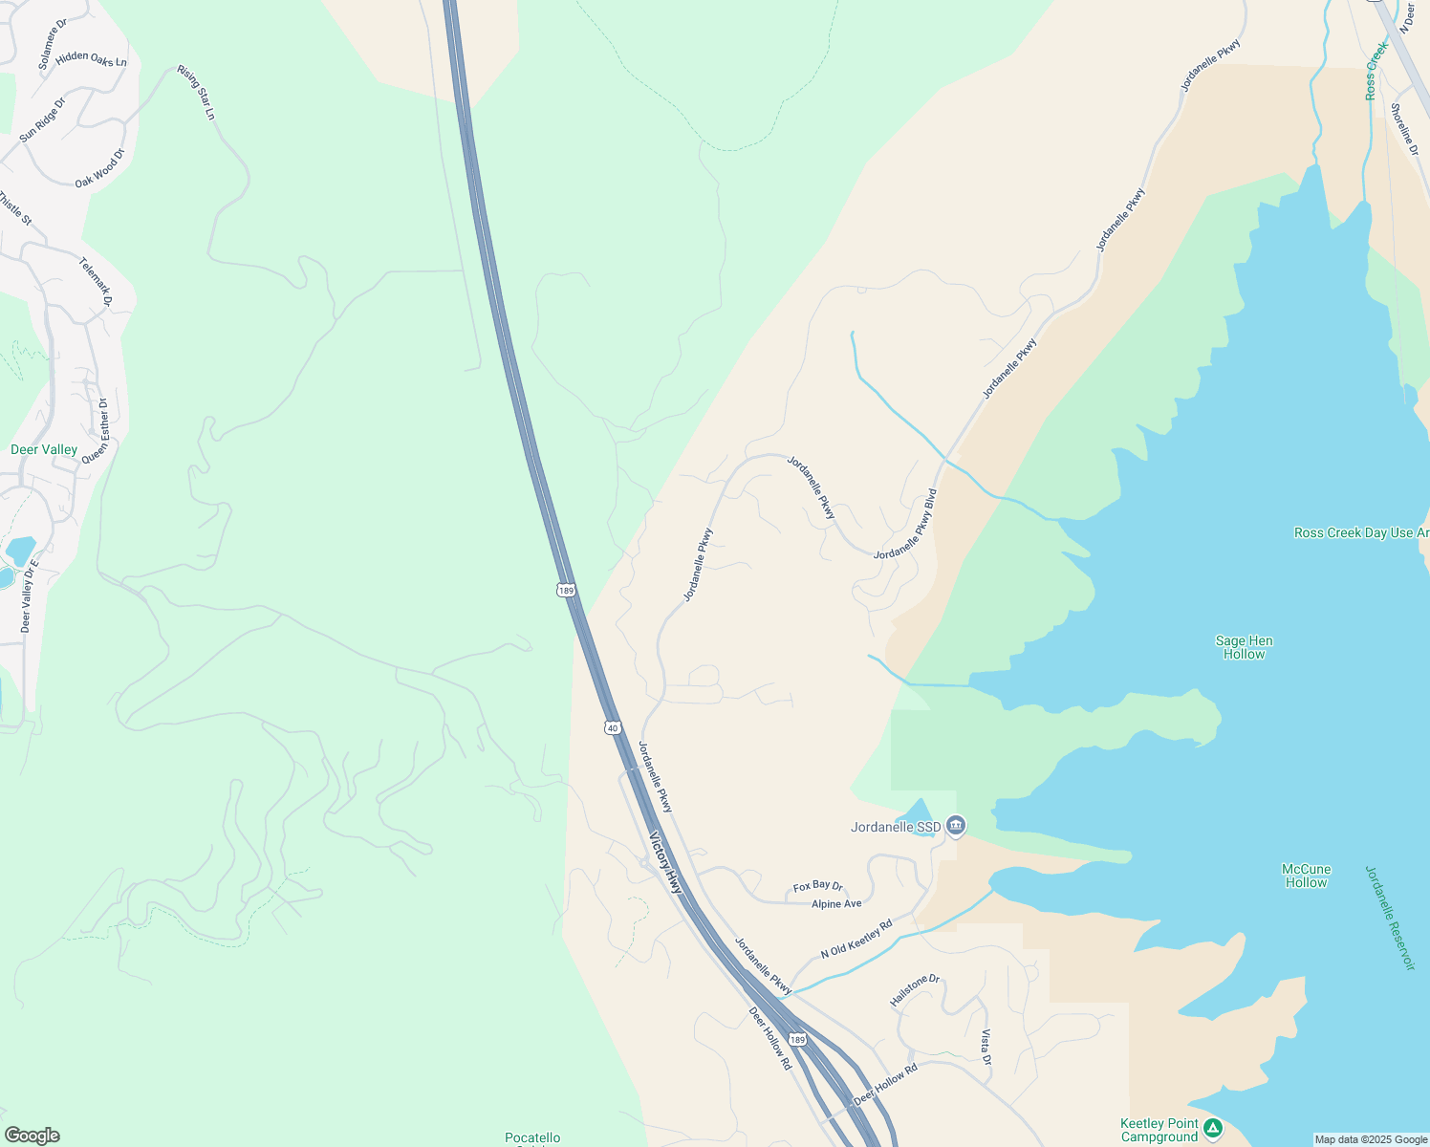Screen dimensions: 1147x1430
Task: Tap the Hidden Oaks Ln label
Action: (91, 59)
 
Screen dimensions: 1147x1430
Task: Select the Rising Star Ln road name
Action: (197, 93)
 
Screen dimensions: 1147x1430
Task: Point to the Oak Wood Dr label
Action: (100, 168)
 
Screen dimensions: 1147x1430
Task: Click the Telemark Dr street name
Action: (96, 282)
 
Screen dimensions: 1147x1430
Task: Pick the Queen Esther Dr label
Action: (96, 431)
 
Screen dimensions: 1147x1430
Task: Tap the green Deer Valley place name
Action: (44, 449)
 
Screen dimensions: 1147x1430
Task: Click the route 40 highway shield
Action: (613, 727)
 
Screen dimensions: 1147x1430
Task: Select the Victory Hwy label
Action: (666, 863)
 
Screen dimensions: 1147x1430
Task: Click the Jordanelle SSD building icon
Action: (956, 826)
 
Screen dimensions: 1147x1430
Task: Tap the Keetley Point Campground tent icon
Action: (1213, 1128)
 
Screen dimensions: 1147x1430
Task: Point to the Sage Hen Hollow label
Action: (1244, 648)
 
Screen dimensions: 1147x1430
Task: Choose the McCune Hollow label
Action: (1306, 876)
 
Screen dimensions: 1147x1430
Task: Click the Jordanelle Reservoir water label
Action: (1389, 918)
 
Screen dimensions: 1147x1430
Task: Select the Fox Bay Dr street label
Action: (817, 887)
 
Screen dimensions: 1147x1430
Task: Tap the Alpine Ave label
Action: (836, 904)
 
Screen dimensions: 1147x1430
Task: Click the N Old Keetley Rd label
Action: (856, 939)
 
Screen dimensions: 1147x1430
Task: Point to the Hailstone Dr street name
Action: (915, 990)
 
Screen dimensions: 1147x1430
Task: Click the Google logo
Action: (32, 1136)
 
